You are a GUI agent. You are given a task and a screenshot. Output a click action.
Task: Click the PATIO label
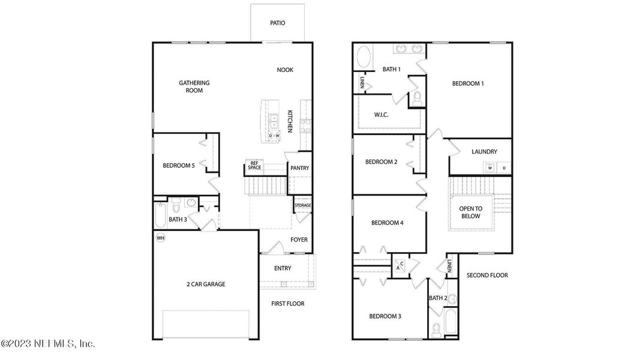[277, 23]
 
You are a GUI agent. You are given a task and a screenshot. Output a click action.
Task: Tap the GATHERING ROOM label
[194, 87]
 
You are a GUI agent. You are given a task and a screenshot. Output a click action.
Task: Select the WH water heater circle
[160, 238]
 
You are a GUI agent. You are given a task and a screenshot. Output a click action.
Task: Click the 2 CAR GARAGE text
[205, 284]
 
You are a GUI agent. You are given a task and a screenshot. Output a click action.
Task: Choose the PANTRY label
[299, 168]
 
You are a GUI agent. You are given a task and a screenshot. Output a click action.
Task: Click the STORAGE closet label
[302, 206]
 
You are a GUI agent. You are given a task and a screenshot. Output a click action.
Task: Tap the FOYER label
[299, 240]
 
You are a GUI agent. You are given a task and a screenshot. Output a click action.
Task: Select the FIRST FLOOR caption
[287, 304]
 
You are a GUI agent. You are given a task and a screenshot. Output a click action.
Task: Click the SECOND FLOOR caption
[487, 275]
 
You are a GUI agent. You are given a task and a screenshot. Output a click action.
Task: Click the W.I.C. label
[381, 115]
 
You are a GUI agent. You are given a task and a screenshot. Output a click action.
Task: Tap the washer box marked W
[490, 168]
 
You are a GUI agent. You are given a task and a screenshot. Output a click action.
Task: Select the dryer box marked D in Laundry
[504, 168]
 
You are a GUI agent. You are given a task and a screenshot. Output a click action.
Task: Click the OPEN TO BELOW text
[470, 212]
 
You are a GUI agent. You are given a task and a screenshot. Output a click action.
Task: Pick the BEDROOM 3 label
[385, 316]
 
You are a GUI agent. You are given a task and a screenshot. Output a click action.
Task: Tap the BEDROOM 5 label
[179, 166]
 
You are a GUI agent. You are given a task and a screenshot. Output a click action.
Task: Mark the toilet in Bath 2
[437, 329]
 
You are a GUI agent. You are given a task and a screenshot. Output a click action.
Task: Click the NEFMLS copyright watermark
[48, 344]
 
